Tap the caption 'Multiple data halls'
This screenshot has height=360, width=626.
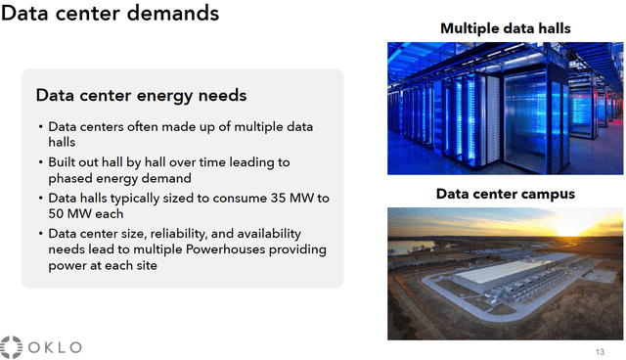(505, 28)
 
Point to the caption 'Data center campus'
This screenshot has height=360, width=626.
(505, 194)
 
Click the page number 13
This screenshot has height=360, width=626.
(600, 352)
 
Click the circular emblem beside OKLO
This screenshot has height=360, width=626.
(11, 347)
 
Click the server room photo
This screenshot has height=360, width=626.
(505, 108)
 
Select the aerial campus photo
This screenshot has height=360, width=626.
(505, 273)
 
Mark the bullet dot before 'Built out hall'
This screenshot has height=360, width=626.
(40, 162)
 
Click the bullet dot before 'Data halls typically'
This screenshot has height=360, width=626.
(40, 199)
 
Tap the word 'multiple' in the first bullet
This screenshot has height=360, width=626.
(249, 127)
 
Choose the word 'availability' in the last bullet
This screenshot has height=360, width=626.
(267, 234)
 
